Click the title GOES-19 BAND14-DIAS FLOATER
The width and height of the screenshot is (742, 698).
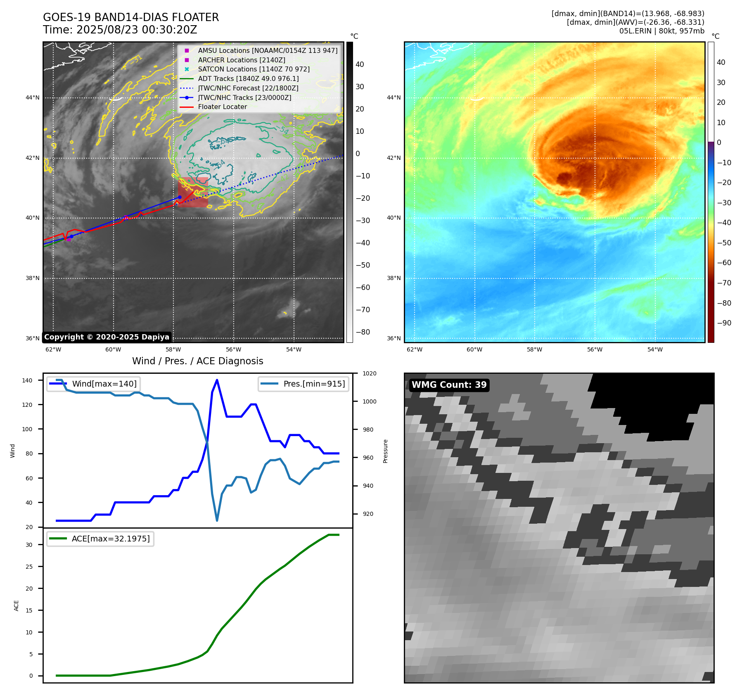(x=131, y=17)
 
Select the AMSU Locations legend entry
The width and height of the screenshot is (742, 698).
(x=267, y=50)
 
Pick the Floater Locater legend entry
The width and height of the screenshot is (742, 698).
(x=222, y=107)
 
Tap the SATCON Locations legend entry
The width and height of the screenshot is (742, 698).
(x=254, y=69)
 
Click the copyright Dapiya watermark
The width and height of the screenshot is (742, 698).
(x=107, y=337)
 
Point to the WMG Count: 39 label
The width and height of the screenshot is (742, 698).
(x=449, y=385)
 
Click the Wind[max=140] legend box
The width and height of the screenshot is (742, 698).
(x=93, y=384)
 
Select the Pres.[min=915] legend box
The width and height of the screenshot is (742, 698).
(x=303, y=384)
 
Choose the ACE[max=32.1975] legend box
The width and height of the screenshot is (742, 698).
(x=100, y=539)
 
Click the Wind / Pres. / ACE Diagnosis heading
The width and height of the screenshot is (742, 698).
(x=197, y=361)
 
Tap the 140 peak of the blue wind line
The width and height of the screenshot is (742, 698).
(x=217, y=380)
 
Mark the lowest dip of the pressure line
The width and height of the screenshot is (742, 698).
(x=217, y=520)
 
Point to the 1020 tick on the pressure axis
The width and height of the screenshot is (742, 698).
(x=369, y=373)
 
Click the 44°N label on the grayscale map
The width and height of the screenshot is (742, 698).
(x=33, y=98)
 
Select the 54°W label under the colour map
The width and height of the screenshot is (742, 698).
(x=654, y=349)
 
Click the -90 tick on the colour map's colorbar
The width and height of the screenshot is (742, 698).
(x=724, y=323)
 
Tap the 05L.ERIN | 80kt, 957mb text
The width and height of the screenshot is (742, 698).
(x=661, y=31)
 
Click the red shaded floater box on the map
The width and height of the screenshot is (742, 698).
(x=193, y=192)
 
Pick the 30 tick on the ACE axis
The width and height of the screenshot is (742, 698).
(x=29, y=545)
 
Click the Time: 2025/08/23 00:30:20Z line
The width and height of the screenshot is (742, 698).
(x=120, y=30)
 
